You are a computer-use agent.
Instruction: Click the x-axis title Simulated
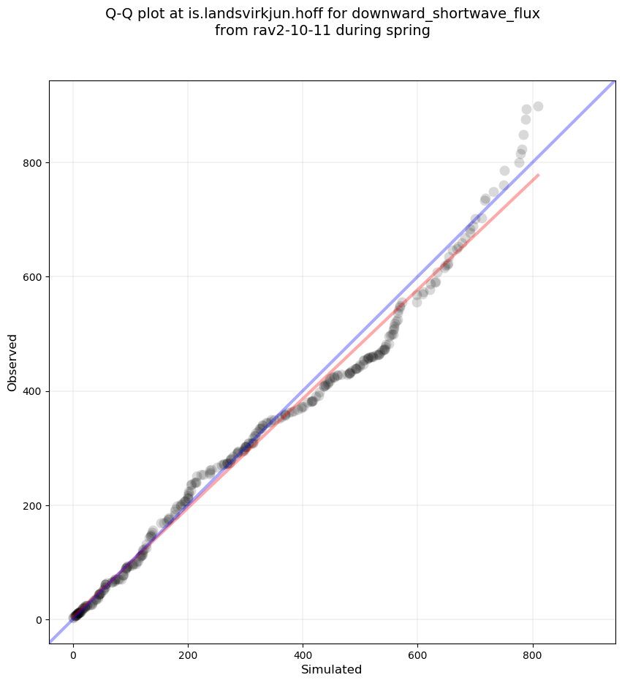[332, 669]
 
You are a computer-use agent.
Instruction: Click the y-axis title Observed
[12, 362]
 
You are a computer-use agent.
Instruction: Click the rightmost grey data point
[538, 106]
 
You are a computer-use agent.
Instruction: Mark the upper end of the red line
[539, 175]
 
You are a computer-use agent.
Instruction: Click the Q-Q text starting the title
[120, 14]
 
